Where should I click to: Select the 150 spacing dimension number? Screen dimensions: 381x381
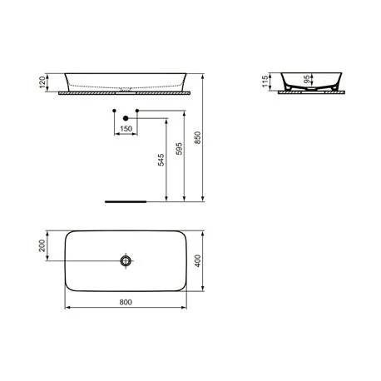click(x=125, y=129)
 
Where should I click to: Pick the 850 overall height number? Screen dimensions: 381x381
click(x=198, y=136)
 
